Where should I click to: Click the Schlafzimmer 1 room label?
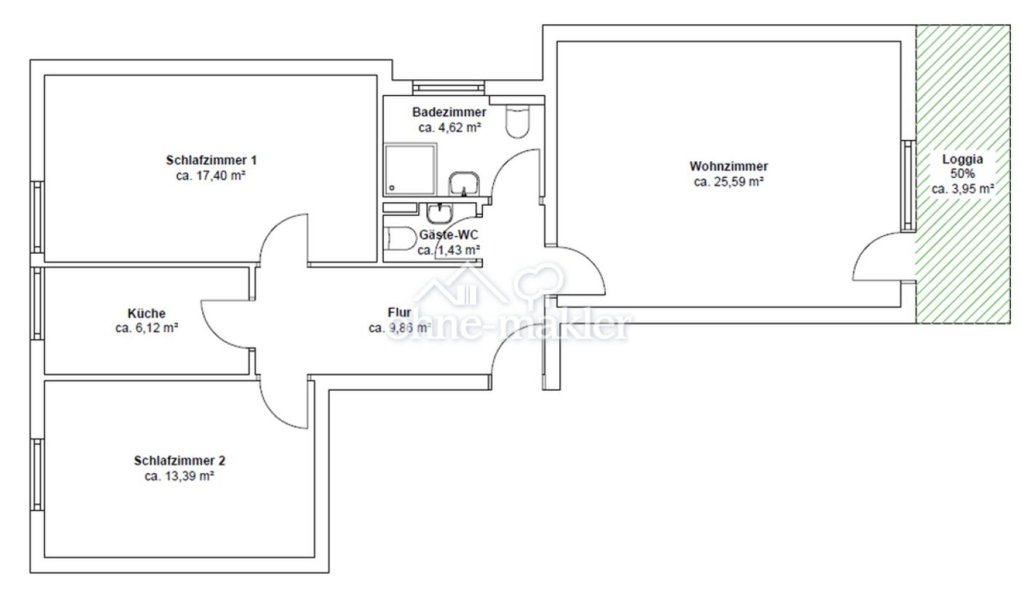tap(211, 161)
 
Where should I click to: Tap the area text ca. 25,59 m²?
tap(729, 182)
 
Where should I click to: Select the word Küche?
tap(147, 314)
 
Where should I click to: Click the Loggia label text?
tap(962, 159)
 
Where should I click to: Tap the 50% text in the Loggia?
tap(962, 174)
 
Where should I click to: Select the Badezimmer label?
tap(449, 113)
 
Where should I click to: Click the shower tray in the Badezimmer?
tap(411, 169)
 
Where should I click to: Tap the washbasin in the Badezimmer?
tap(463, 184)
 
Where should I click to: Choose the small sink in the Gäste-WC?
tap(439, 213)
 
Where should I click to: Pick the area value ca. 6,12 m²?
tap(147, 328)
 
